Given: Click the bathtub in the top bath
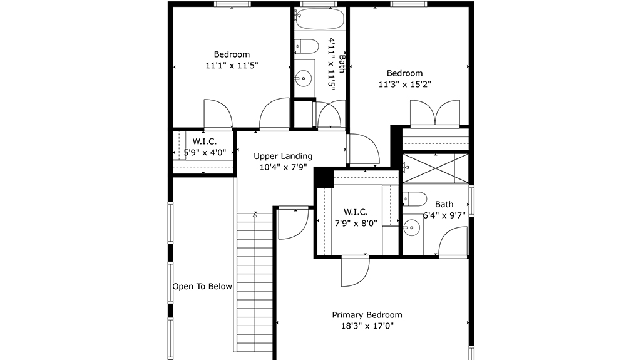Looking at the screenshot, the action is coord(319,19).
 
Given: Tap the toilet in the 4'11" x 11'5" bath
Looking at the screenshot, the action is coord(306,46).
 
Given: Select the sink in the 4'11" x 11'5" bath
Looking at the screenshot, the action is coord(304,78).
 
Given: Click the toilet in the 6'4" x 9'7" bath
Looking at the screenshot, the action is coord(414,199).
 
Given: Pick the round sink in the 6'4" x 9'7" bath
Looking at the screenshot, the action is coord(411,228).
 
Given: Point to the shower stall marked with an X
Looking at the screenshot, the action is coord(436,168).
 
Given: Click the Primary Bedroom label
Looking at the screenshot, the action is coord(367,314).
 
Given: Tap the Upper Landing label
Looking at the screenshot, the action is coord(283,156).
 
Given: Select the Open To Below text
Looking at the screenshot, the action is coord(202,286).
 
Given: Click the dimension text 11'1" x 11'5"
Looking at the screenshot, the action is coord(232,66).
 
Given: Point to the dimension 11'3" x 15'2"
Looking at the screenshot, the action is coord(405,85).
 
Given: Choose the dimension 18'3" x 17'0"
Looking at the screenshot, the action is coord(367,326).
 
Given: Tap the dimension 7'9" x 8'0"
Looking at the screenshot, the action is coord(356,224).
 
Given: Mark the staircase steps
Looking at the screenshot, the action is coord(255,282).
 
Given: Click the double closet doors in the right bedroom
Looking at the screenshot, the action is coord(435,113).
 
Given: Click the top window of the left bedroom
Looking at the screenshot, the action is coord(232,4).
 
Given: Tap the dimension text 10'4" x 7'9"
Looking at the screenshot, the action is coord(283,167).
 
